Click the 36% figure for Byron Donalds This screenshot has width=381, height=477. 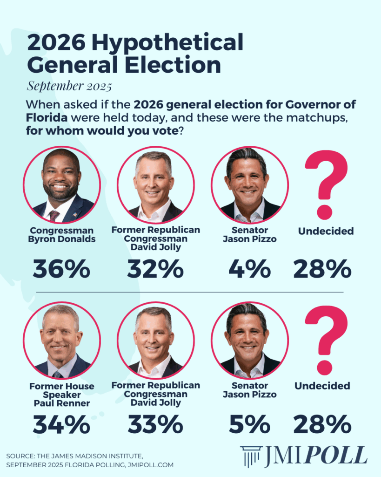tap(61, 269)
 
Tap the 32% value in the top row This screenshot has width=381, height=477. tap(155, 269)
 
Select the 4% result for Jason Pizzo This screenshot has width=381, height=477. tap(249, 269)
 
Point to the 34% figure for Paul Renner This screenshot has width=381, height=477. tap(61, 424)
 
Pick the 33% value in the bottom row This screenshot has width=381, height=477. tap(155, 424)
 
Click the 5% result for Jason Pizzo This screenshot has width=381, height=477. tap(249, 424)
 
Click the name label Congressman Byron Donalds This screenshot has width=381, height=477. tap(61, 235)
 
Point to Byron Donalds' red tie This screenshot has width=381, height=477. tap(54, 215)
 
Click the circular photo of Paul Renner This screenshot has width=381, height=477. tap(61, 339)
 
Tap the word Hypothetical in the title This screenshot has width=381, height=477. tap(167, 43)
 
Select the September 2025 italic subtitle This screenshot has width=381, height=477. tap(69, 86)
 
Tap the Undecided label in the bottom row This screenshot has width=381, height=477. tap(322, 386)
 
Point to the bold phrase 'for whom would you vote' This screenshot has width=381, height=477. tap(101, 131)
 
